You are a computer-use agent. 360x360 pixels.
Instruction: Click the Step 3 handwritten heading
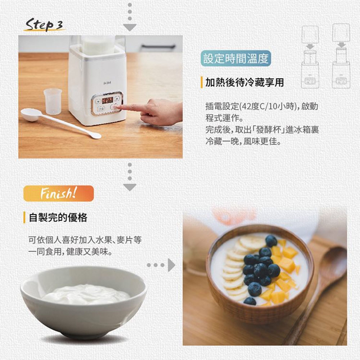(44, 24)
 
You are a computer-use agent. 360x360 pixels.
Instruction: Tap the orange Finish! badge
(59, 193)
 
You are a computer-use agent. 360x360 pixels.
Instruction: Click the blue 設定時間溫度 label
(236, 59)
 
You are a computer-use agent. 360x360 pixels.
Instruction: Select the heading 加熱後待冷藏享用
(244, 82)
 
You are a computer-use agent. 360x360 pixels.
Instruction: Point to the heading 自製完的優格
(58, 217)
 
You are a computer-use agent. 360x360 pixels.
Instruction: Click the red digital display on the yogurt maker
(107, 100)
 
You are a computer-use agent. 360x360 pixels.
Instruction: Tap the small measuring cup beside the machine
(53, 101)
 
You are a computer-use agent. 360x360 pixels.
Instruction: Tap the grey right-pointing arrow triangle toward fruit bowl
(171, 265)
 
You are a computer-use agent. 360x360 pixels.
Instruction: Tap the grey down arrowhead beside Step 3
(130, 27)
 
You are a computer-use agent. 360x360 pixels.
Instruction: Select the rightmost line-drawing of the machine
(341, 56)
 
